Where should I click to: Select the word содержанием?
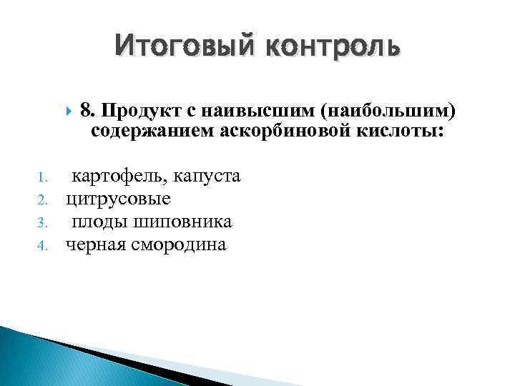click(x=149, y=132)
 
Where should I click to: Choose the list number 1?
click(x=42, y=177)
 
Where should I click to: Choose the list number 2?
click(x=42, y=199)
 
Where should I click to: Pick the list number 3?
click(x=42, y=222)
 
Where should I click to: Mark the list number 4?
click(x=42, y=245)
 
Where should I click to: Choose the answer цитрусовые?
click(x=119, y=199)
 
